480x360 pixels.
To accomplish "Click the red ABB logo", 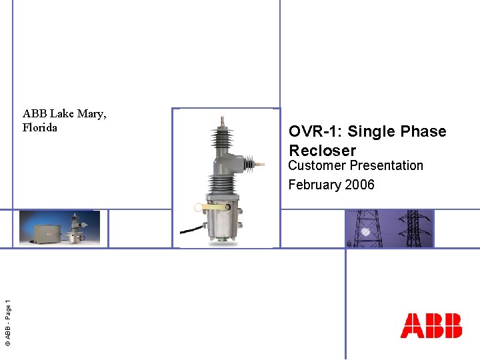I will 431,325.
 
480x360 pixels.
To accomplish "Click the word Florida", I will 40,127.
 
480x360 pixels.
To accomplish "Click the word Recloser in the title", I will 323,150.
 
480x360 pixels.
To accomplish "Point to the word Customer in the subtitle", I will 316,165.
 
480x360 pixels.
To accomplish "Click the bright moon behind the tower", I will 365,231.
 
